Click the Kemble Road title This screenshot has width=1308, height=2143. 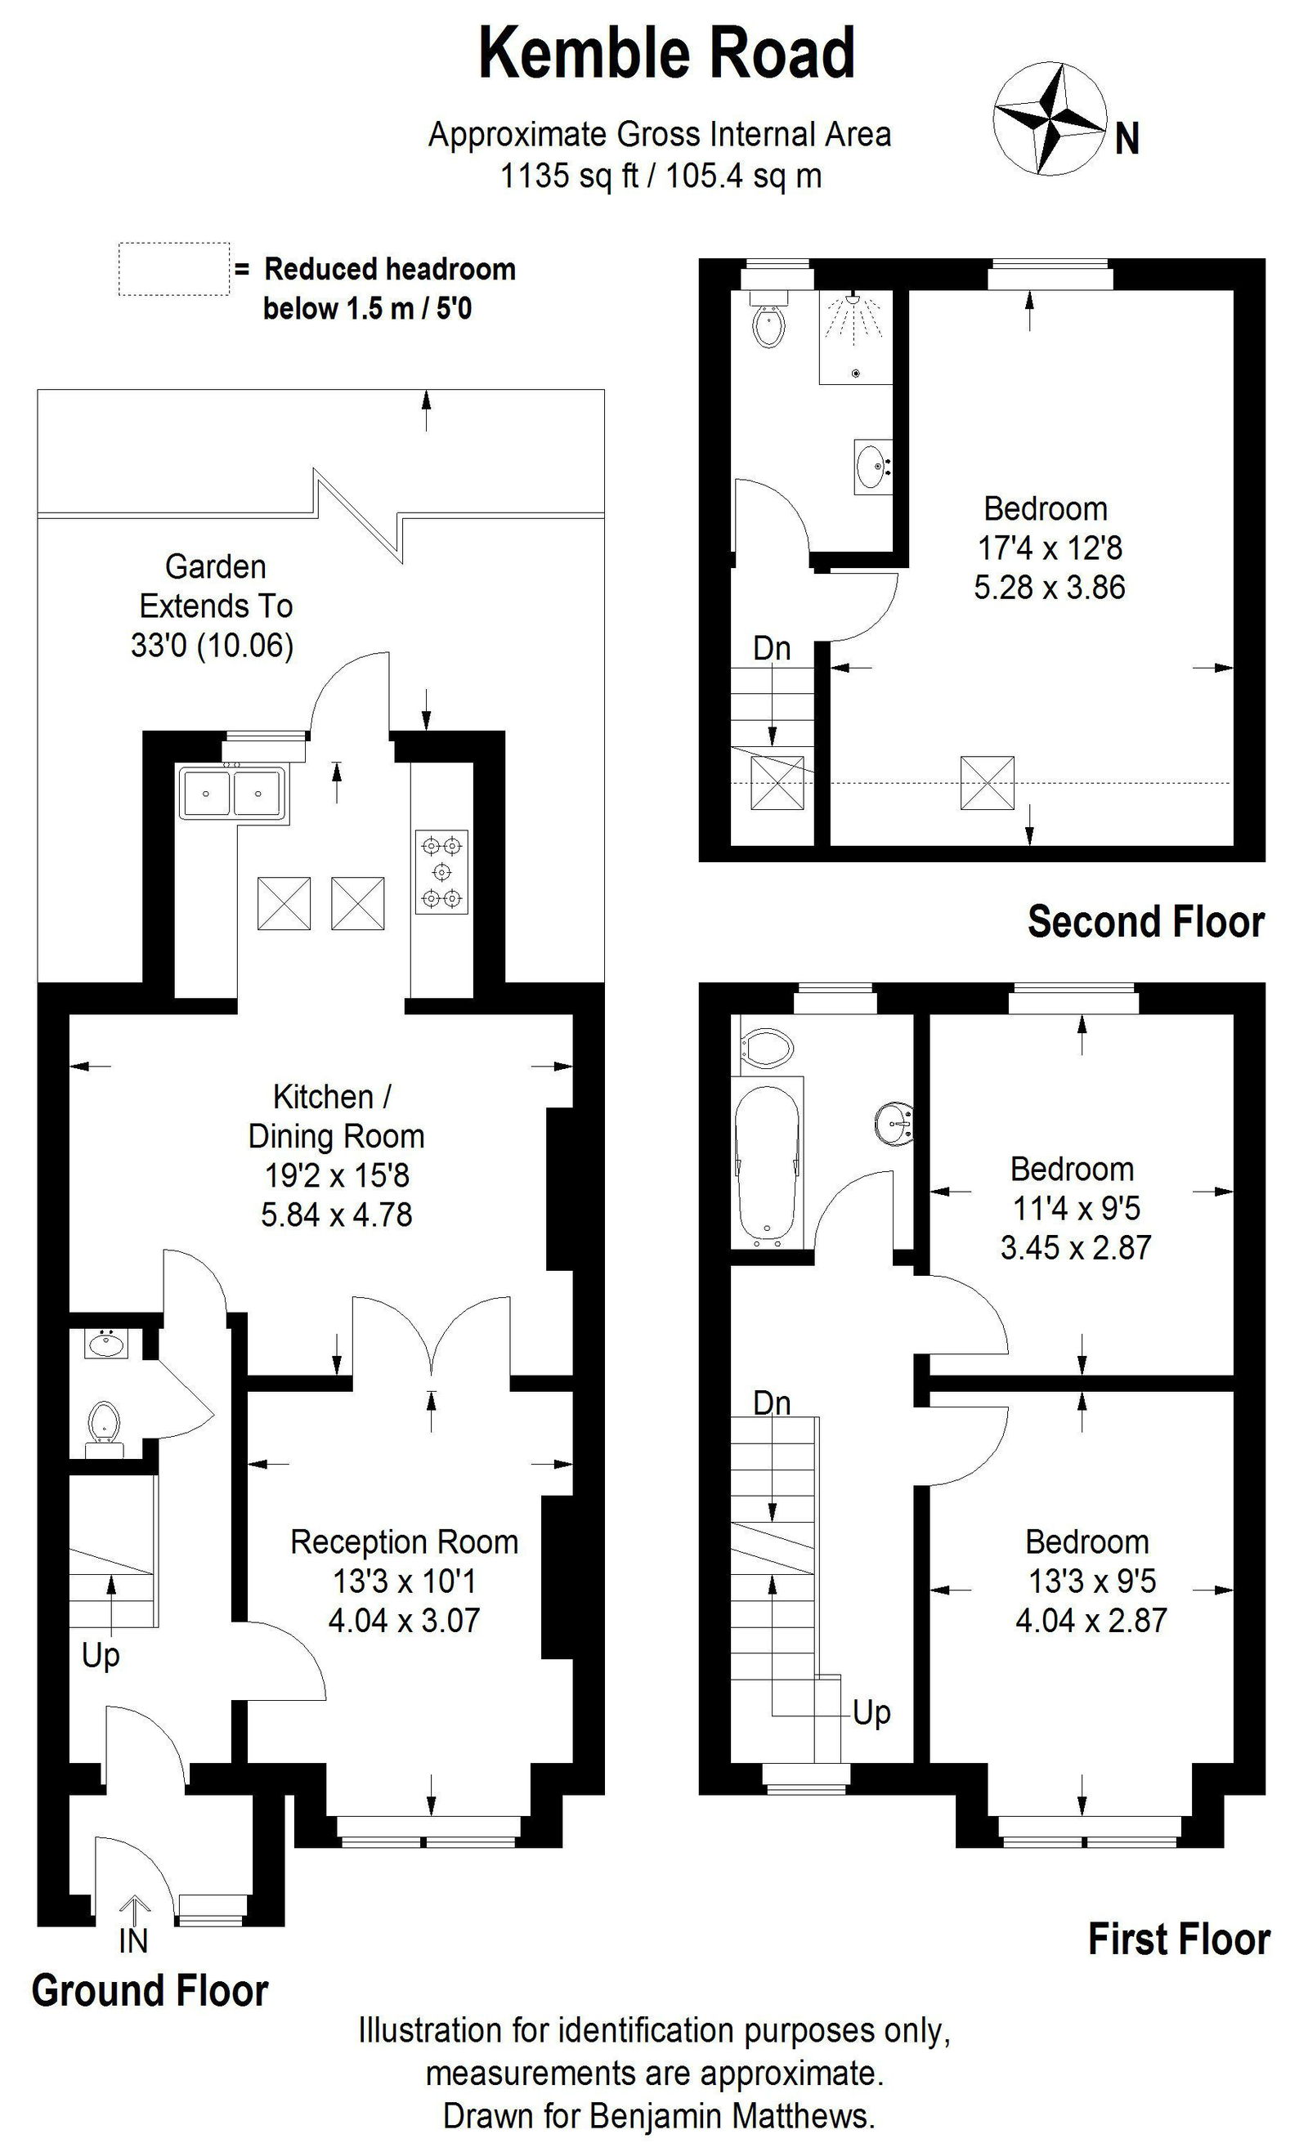click(x=667, y=54)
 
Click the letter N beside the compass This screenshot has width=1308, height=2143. click(x=1127, y=138)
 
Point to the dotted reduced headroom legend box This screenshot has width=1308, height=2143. click(x=174, y=269)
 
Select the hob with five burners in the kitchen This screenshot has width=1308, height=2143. click(x=441, y=871)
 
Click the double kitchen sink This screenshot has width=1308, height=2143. click(x=231, y=792)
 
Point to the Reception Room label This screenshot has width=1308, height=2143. click(x=405, y=1541)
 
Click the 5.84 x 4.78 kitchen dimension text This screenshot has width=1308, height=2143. click(x=337, y=1215)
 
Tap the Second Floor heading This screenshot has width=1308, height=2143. click(x=1144, y=922)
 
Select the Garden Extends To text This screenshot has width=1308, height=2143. click(x=216, y=586)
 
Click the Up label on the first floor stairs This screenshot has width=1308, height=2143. click(x=871, y=1712)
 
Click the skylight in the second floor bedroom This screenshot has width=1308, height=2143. click(x=987, y=783)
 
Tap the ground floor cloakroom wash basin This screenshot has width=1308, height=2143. click(x=107, y=1344)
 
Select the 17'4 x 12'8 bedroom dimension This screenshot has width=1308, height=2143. click(x=1050, y=548)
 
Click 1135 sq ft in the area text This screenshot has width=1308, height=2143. click(x=569, y=176)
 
